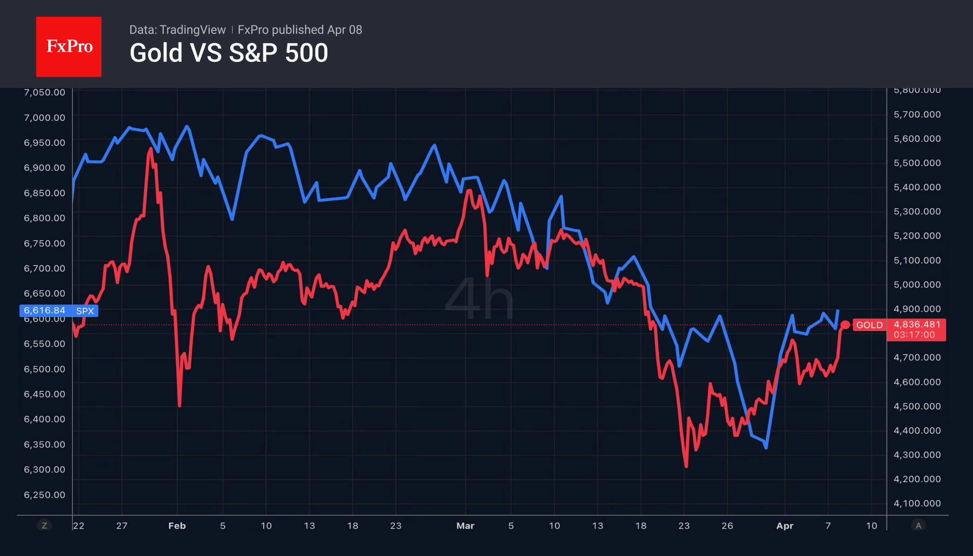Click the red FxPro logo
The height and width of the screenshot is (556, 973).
point(69,46)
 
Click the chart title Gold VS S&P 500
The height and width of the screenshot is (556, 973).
point(228,53)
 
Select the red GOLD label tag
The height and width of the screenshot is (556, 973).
point(869,325)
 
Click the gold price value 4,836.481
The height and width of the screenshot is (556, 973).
point(917,324)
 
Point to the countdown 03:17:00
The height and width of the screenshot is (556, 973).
point(914,335)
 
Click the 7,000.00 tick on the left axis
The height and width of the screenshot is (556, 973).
point(45,118)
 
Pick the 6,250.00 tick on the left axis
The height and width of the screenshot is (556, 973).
point(45,495)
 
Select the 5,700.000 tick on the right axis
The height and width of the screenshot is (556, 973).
point(917,114)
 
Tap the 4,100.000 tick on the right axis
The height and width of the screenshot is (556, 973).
point(917,503)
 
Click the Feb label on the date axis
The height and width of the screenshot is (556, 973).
point(177,526)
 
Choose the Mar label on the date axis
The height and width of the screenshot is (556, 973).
point(465,526)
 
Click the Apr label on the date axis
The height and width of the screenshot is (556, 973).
point(785,526)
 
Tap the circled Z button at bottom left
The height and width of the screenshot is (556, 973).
point(45,525)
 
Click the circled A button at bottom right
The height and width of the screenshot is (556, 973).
point(918,525)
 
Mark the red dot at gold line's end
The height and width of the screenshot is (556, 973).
point(845,325)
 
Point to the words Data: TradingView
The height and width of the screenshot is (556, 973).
point(177,30)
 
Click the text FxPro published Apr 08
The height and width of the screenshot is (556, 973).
point(300,30)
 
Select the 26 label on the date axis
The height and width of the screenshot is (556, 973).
point(727,526)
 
